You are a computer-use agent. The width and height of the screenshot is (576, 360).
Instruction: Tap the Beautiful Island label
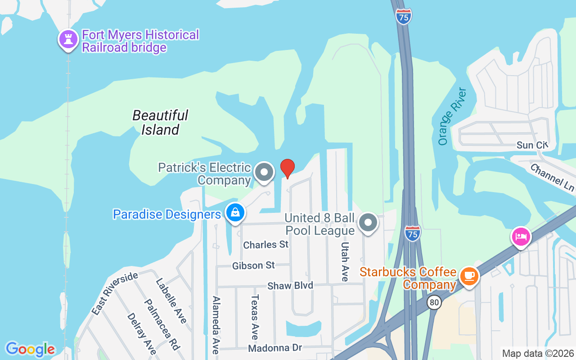(x=160, y=122)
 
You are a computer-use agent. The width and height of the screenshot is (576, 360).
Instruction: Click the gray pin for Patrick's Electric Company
(x=264, y=172)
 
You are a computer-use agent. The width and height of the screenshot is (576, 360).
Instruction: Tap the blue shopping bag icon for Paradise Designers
(x=235, y=213)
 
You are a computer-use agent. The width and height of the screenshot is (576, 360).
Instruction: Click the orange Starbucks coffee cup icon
(x=469, y=275)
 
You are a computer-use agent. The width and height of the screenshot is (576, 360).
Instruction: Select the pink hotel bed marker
(x=521, y=236)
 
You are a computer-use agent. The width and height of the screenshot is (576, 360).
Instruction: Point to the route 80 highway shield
(x=434, y=303)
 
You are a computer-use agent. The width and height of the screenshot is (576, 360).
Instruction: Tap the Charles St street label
(x=265, y=245)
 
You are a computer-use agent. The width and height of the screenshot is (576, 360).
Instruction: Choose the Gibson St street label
(x=253, y=265)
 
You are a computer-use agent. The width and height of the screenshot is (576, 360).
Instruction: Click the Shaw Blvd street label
(x=290, y=286)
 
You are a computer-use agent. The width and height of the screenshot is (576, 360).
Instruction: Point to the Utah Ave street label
(x=345, y=261)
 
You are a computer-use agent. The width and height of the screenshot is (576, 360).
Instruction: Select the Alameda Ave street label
(x=216, y=324)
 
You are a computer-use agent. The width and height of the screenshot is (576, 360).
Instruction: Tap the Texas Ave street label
(x=255, y=317)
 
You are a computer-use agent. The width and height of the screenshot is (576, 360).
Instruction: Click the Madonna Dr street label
(x=274, y=348)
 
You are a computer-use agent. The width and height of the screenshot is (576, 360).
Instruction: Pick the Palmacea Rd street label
(x=162, y=324)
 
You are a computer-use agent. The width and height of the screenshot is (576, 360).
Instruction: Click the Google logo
(x=30, y=349)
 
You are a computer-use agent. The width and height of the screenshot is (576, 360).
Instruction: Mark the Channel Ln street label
(x=553, y=176)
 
